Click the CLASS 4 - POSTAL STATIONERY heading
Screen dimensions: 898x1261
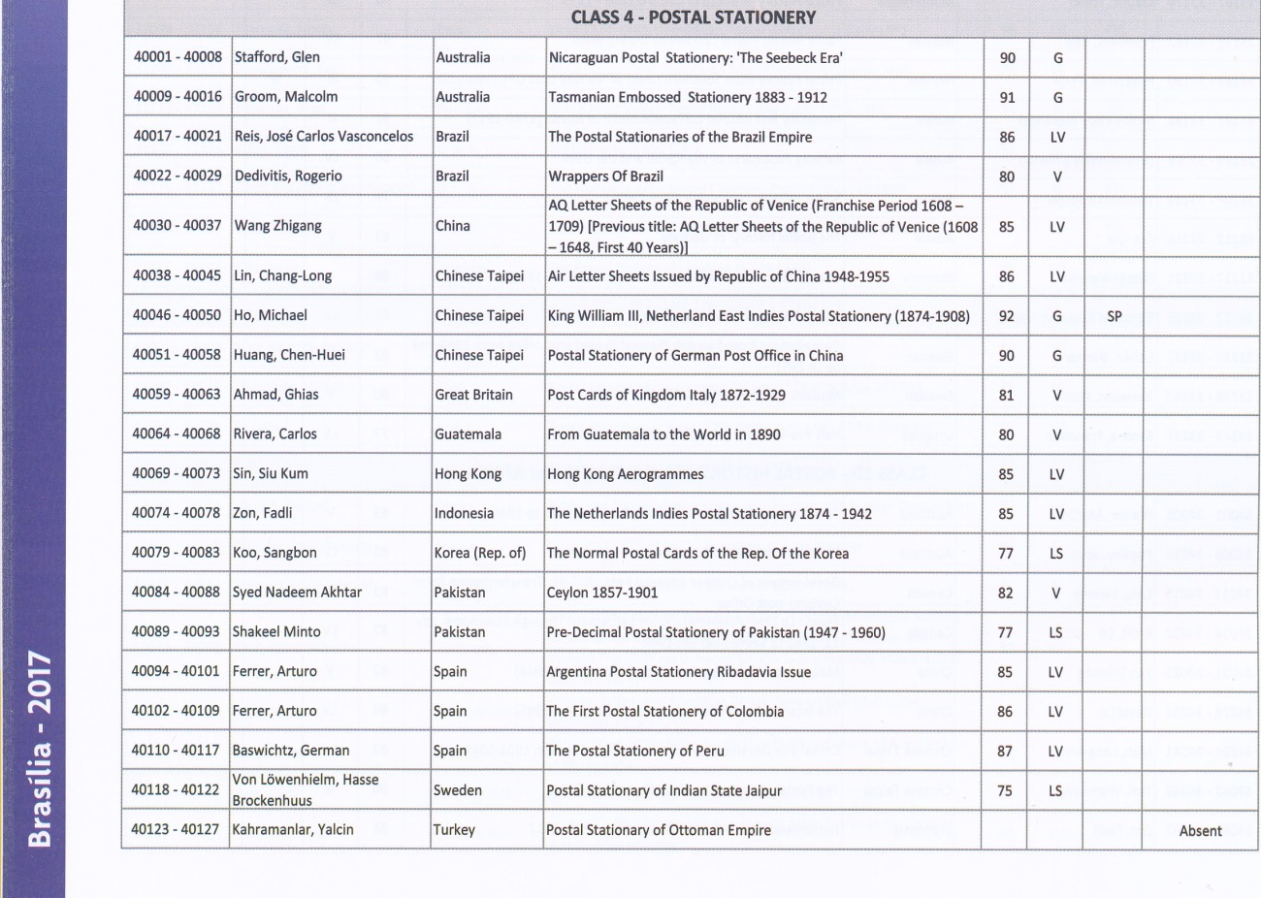point(693,17)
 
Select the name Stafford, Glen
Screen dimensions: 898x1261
point(277,57)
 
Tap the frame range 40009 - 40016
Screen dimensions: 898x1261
point(178,96)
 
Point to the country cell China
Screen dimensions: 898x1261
point(453,226)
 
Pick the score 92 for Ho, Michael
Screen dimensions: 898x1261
point(1007,316)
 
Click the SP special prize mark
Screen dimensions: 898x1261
point(1114,316)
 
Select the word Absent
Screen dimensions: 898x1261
point(1200,831)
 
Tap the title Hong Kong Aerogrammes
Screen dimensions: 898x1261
point(626,474)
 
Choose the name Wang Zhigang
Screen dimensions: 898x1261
point(277,226)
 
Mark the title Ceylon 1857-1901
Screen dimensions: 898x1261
point(602,593)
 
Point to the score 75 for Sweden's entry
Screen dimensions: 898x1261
point(1005,790)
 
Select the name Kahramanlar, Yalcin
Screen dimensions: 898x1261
point(293,830)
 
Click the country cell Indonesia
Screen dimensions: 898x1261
point(464,514)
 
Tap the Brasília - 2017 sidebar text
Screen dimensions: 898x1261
point(40,748)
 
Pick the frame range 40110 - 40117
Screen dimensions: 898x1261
point(176,751)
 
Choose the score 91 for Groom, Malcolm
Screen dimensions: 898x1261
point(1007,97)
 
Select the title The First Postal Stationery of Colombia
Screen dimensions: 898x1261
point(664,712)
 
